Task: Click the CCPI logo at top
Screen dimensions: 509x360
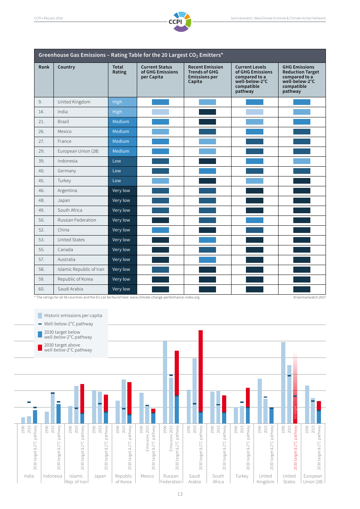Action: [180, 22]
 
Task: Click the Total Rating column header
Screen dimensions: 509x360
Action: [119, 70]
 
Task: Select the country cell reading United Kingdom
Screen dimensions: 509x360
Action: [74, 102]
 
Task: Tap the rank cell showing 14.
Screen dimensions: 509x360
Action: [41, 112]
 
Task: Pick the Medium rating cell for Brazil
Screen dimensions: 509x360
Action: [122, 122]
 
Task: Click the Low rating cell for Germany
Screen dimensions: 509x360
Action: [122, 171]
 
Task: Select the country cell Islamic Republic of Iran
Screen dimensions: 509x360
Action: [81, 269]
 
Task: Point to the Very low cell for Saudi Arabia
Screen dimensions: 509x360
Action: [122, 289]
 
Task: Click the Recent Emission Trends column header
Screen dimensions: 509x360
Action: [205, 74]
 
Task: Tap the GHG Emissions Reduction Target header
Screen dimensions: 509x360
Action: [301, 79]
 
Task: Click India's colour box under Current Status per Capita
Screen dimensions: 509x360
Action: [160, 112]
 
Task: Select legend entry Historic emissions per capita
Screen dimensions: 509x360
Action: [73, 315]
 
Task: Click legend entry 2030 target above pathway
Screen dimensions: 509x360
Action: [68, 347]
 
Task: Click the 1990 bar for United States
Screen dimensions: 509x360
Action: [283, 383]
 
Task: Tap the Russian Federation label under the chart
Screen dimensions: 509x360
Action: [171, 479]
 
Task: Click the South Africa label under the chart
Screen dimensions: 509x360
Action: [218, 479]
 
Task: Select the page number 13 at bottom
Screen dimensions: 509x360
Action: [180, 494]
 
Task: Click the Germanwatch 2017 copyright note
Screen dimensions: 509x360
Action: [309, 297]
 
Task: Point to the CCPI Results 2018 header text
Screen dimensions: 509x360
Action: [49, 18]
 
